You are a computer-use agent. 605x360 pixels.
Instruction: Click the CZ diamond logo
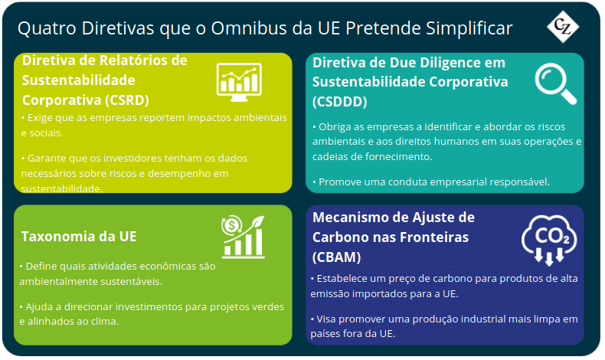click(x=563, y=27)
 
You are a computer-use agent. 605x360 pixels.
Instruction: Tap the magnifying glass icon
click(x=556, y=83)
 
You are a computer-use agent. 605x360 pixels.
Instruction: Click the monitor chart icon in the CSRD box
click(x=239, y=82)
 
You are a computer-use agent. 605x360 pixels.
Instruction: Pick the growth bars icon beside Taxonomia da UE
click(x=243, y=237)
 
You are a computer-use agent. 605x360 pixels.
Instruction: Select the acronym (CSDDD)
click(x=339, y=102)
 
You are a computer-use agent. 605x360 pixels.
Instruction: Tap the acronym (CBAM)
click(x=336, y=257)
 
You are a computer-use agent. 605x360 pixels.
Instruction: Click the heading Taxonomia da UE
click(x=79, y=237)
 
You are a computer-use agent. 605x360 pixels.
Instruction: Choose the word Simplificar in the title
click(x=469, y=28)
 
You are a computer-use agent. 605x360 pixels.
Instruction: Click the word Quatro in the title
click(x=47, y=29)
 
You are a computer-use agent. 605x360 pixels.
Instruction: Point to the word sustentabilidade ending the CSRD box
click(x=62, y=188)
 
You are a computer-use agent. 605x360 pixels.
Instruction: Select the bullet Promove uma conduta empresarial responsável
click(x=431, y=182)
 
